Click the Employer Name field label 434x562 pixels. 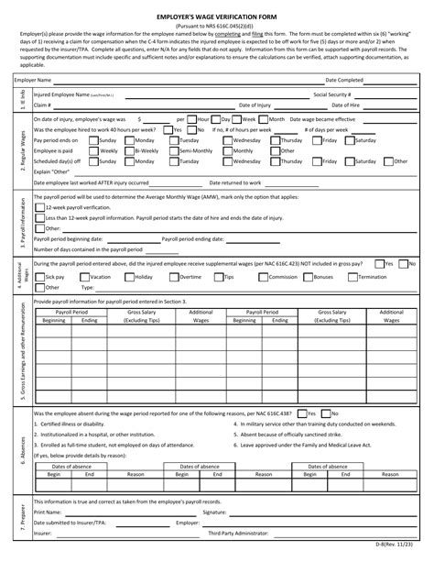32,81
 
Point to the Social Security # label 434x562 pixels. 332,94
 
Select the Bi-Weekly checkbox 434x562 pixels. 128,150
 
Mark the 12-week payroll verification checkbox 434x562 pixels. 39,207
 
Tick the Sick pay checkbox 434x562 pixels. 39,276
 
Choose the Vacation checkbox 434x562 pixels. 85,276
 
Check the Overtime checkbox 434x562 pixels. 174,276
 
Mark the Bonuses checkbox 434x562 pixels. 308,276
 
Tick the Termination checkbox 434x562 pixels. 353,276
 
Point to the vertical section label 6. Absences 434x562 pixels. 21,449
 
